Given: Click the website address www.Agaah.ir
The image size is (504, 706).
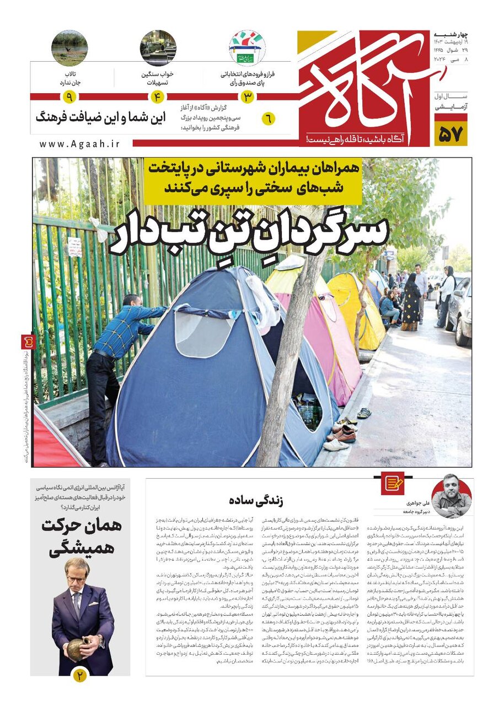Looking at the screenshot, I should tap(79, 143).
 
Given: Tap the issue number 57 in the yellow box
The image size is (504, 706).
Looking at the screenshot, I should tap(451, 133).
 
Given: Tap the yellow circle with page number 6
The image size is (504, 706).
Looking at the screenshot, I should tap(268, 119).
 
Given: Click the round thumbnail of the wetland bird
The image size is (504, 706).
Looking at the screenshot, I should tap(69, 48).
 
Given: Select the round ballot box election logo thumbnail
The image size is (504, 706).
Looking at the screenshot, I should tap(247, 48).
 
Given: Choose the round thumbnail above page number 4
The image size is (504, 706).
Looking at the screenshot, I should tap(158, 48).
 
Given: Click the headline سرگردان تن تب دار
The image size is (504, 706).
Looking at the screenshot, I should tap(249, 232).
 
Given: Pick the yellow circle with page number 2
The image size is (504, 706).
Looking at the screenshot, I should tap(81, 675).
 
